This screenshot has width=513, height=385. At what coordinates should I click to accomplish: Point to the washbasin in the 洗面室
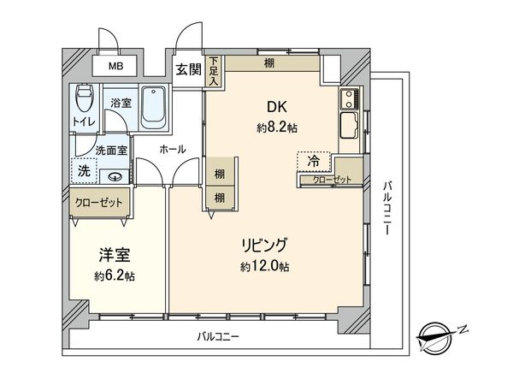tap(115, 177)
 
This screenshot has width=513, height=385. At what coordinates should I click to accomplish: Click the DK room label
tap(276, 108)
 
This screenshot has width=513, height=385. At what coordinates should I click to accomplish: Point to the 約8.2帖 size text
tap(276, 127)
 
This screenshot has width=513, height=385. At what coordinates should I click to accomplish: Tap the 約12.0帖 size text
tap(265, 266)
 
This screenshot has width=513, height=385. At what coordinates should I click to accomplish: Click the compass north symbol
tap(439, 335)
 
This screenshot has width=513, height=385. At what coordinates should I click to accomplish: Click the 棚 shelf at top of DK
tap(269, 62)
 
